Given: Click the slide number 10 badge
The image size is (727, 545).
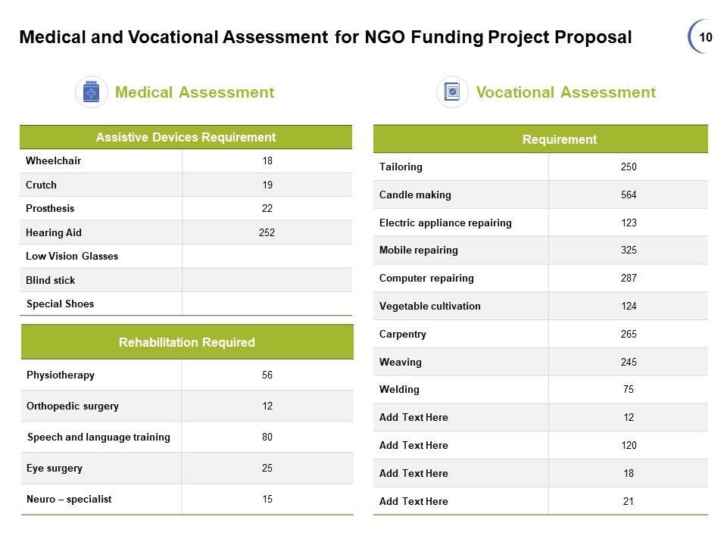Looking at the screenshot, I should (x=705, y=37).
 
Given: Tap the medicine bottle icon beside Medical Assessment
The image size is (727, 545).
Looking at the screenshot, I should (x=92, y=92).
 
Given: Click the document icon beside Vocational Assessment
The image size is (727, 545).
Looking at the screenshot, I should (x=452, y=92).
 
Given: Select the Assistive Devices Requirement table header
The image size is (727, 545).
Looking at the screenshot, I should (x=186, y=137).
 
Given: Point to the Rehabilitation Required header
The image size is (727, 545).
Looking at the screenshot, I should (x=187, y=342).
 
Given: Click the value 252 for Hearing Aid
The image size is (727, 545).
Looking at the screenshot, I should (x=267, y=232).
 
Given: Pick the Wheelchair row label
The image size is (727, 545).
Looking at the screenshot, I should (x=53, y=161).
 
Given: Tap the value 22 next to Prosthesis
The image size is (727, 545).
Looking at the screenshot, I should (x=267, y=209).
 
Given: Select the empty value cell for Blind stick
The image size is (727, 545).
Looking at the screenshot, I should (x=267, y=280).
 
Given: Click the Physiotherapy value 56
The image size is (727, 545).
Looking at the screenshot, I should (x=267, y=375).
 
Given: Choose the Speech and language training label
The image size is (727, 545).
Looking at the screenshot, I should (x=98, y=438).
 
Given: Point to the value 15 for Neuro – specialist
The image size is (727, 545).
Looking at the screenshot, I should (x=267, y=500).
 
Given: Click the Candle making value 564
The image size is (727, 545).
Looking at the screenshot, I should (x=629, y=195).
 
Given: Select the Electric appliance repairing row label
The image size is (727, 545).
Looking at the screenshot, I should (x=445, y=223).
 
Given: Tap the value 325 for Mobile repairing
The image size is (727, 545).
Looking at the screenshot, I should (x=629, y=251).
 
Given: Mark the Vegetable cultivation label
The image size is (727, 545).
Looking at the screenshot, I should (x=429, y=307).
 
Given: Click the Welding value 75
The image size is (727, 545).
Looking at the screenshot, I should (x=629, y=390).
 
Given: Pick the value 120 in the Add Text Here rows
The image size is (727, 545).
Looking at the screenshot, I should (x=629, y=446).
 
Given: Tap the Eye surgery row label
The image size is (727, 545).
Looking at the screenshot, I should (x=55, y=469).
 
